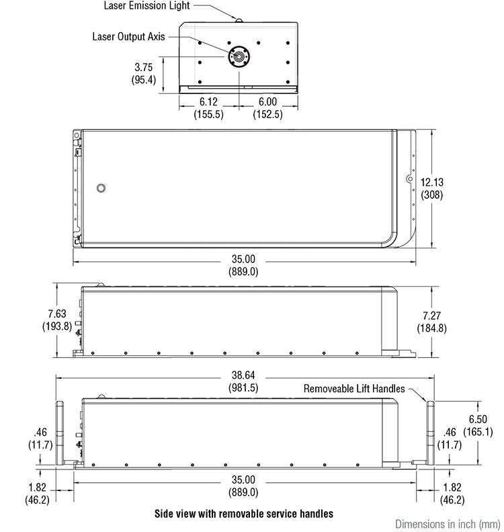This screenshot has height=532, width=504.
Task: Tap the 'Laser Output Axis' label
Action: click(128, 36)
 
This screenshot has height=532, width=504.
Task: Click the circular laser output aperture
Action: click(239, 56)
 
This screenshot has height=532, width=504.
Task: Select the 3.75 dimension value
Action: click(144, 67)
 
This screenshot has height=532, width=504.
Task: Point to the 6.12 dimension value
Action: click(210, 103)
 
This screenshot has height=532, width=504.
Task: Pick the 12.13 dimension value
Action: click(433, 182)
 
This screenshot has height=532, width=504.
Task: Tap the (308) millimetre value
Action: click(433, 195)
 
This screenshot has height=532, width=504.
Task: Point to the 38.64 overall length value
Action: click(245, 375)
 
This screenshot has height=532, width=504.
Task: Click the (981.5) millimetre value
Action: click(245, 388)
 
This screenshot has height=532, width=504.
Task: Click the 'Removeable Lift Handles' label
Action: click(354, 388)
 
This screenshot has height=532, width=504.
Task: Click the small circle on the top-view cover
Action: click(101, 187)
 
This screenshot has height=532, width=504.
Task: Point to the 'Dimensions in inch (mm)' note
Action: click(446, 523)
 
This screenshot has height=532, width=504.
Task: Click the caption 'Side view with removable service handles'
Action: click(243, 514)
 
